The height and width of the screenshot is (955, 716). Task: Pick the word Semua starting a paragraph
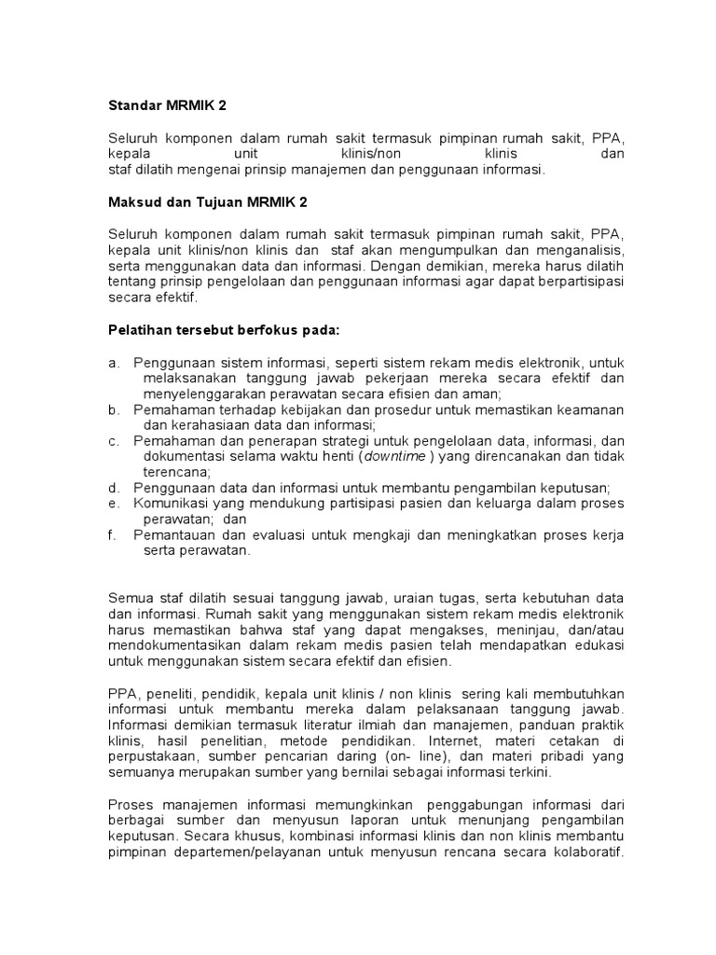tap(131, 597)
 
